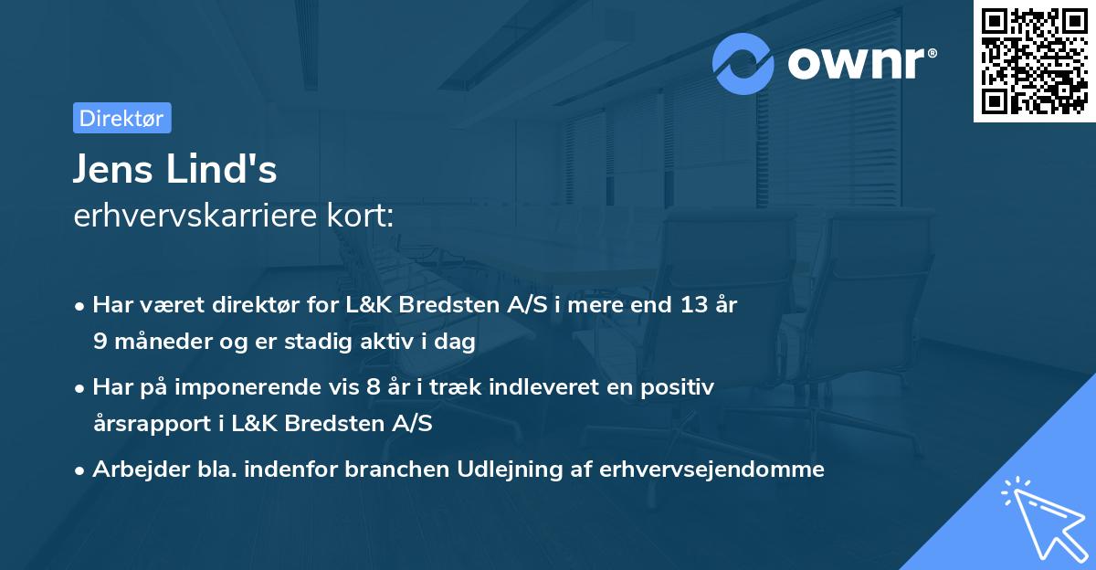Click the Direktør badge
tap(121, 118)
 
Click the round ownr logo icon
tap(743, 63)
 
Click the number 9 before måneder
tap(99, 342)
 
